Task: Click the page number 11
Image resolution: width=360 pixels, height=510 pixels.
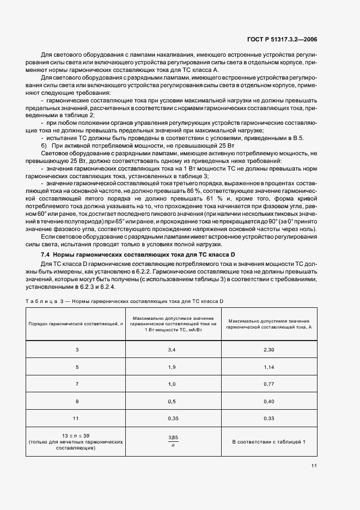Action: [x=314, y=465]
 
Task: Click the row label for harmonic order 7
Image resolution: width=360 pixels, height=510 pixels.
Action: [x=77, y=384]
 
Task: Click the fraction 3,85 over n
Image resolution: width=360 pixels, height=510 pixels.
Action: [x=173, y=441]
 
